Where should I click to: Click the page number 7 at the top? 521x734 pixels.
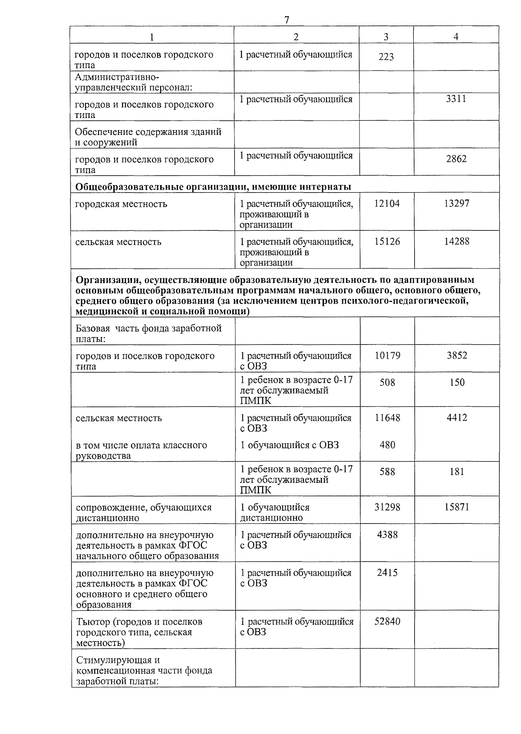point(287,20)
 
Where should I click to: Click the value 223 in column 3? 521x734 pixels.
point(386,57)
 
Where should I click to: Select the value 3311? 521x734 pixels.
point(456,98)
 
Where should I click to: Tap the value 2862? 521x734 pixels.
point(456,159)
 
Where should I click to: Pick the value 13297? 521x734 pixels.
point(456,203)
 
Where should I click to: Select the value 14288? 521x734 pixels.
point(456,241)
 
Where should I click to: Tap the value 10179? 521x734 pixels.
point(387,355)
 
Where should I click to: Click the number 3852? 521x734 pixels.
point(457,355)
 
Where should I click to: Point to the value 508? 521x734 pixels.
point(387,382)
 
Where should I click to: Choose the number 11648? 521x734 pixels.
point(387,418)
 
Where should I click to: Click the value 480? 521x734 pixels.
point(387,445)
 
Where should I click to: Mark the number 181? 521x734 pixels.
point(457,472)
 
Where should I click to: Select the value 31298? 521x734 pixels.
point(387,507)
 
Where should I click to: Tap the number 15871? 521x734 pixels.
point(457,507)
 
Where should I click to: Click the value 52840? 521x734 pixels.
point(387,621)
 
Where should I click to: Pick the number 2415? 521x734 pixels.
point(387,572)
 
